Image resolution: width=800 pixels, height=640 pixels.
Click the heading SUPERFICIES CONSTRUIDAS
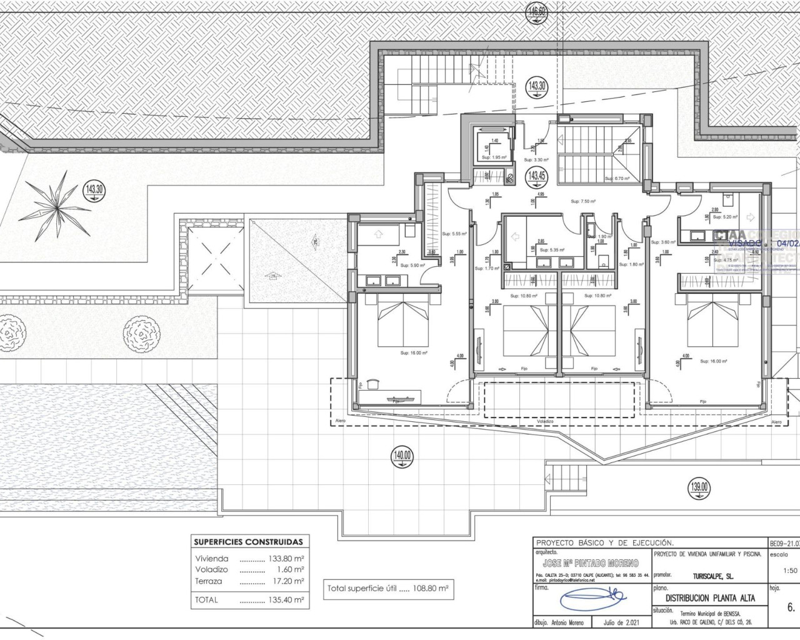pyautogui.click(x=248, y=542)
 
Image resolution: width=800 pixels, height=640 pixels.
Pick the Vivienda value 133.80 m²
pyautogui.click(x=285, y=559)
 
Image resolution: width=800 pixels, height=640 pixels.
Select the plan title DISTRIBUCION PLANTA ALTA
pyautogui.click(x=710, y=598)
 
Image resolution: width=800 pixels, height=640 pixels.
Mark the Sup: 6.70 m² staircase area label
pyautogui.click(x=616, y=179)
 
